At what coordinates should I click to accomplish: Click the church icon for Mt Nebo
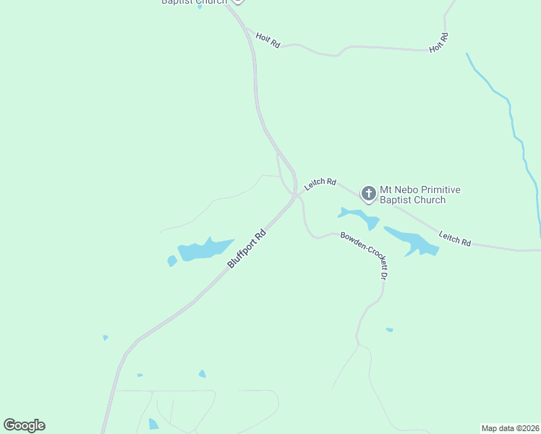(369, 193)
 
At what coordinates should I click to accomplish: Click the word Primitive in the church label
(444, 190)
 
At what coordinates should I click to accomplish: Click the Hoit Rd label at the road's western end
(268, 40)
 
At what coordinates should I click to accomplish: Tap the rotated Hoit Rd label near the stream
(439, 42)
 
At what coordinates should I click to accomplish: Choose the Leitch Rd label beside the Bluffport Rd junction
(320, 184)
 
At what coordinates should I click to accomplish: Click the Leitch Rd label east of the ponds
(455, 238)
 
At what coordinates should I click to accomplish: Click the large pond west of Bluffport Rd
(203, 250)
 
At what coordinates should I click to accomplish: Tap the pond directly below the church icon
(358, 216)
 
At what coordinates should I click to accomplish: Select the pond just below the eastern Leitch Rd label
(413, 242)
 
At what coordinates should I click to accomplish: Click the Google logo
(24, 425)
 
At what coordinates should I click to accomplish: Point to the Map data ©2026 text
(510, 427)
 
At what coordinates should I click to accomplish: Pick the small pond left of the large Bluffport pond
(172, 260)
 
